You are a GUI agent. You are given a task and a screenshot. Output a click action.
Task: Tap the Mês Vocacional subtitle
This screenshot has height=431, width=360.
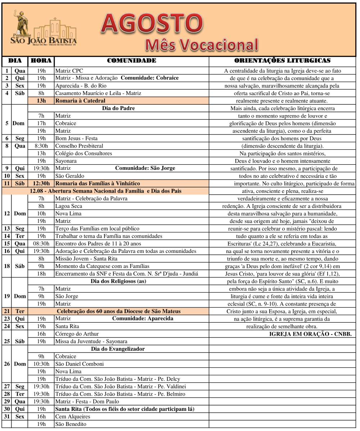(202, 45)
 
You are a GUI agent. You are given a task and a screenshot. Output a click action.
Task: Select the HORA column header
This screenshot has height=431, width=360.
(41, 61)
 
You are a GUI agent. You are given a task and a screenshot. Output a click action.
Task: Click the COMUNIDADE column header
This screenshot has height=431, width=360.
(131, 61)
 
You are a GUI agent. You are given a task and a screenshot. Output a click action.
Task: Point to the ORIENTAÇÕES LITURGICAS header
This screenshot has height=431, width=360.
(282, 61)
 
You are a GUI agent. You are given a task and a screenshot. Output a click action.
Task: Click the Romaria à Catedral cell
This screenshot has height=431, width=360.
(80, 101)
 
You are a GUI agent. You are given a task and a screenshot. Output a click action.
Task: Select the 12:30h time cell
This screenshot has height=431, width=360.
(41, 183)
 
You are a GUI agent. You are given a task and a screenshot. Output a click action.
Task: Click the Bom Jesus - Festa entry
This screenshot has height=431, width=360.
(76, 138)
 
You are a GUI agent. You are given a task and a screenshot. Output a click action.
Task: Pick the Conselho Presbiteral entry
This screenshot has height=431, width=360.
(79, 146)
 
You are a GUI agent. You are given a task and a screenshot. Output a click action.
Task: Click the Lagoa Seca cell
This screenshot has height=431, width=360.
(69, 206)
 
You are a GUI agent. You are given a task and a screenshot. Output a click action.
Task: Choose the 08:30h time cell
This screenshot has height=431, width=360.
(41, 244)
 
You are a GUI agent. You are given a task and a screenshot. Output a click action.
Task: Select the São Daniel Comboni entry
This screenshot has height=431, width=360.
(80, 364)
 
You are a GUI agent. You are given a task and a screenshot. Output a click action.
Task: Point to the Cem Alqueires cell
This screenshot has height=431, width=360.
(73, 417)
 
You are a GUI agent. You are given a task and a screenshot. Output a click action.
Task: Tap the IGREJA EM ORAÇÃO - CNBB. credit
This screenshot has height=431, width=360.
(310, 334)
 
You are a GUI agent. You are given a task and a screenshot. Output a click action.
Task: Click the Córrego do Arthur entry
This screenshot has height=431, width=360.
(77, 334)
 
